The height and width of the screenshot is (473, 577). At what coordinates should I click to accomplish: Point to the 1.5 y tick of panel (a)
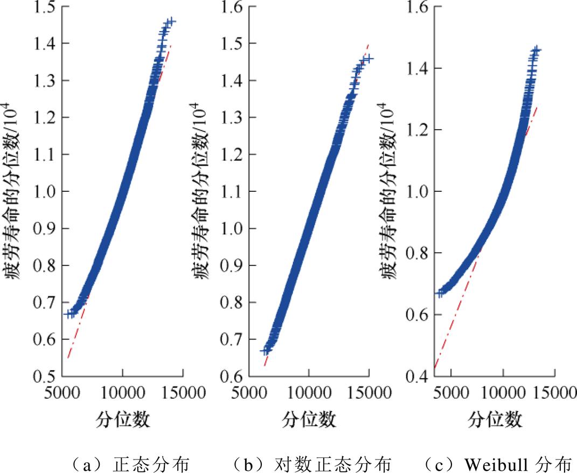[47, 7]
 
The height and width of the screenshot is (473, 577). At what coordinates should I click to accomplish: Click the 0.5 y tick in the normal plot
[47, 376]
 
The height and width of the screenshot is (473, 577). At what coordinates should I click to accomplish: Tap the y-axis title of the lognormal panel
[203, 191]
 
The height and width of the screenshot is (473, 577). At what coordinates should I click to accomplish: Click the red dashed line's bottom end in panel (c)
[434, 368]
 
